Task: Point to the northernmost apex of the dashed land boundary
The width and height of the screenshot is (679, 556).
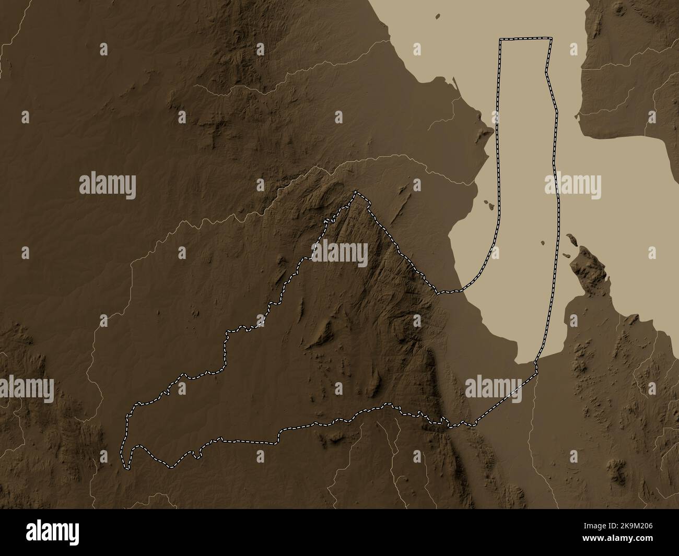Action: [x=356, y=192]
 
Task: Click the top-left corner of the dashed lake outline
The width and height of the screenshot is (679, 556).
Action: [x=500, y=40]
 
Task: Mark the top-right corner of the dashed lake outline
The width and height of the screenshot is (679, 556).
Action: [x=551, y=39]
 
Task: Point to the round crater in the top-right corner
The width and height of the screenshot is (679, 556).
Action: [x=619, y=8]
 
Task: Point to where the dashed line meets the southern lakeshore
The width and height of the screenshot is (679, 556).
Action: [x=535, y=360]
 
